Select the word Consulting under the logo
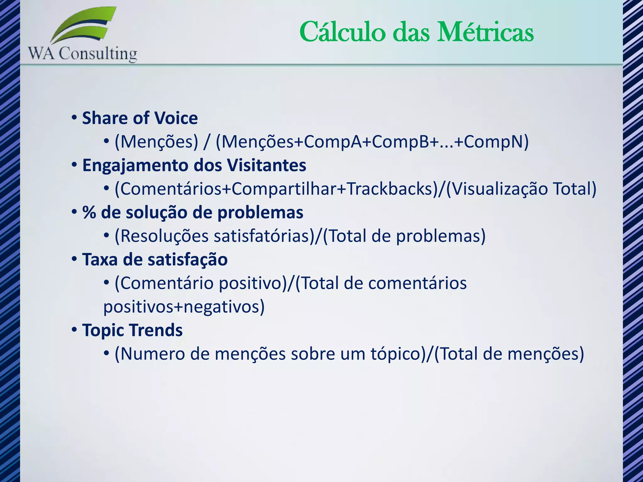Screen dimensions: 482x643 98,54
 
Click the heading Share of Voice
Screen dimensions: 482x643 140,118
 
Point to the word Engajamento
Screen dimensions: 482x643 135,165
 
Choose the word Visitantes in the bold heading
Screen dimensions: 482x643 267,165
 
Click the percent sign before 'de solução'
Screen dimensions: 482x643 89,212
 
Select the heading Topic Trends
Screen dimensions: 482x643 132,330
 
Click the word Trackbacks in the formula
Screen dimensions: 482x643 390,189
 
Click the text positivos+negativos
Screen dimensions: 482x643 184,307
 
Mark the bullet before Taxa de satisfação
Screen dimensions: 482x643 74,260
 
